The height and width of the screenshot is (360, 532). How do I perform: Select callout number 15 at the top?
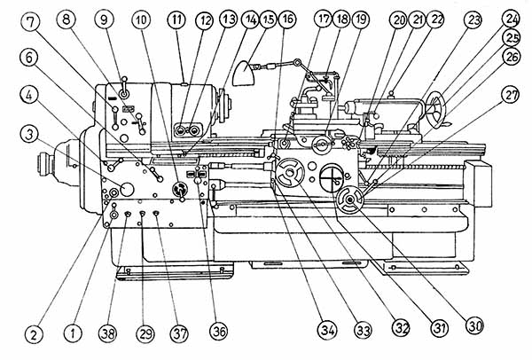(266, 19)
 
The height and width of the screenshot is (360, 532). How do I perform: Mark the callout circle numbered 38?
(108, 333)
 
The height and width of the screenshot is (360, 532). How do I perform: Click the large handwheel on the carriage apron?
(288, 175)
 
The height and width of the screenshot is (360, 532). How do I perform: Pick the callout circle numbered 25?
(512, 39)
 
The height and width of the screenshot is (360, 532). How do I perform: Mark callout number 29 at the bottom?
(145, 333)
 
